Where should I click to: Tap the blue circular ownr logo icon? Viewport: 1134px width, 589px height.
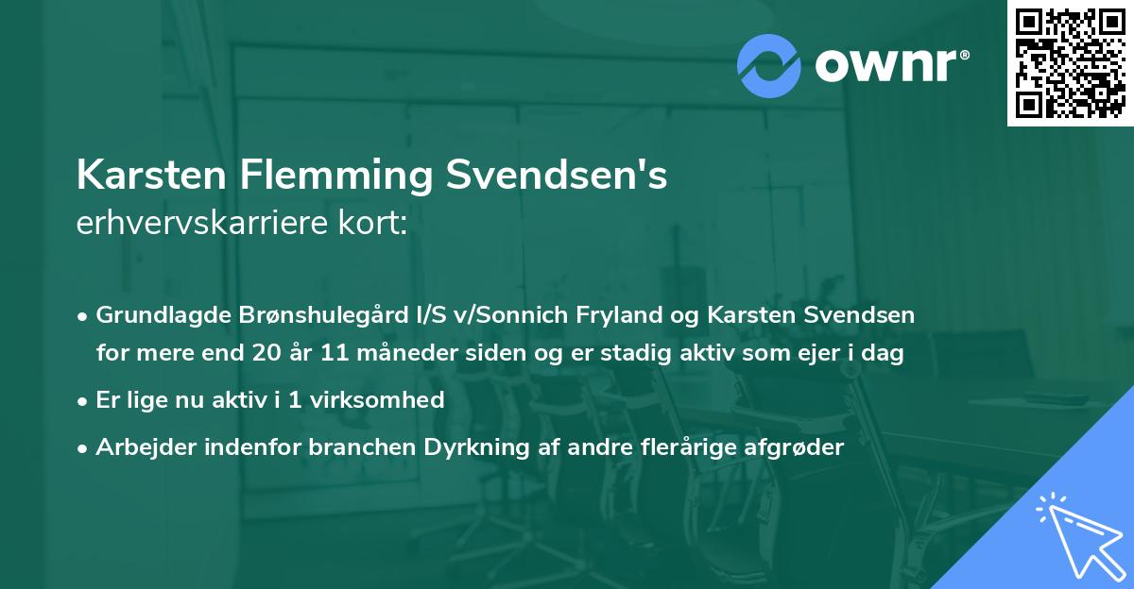(x=768, y=64)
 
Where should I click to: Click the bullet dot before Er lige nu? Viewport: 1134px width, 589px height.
(x=83, y=400)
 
